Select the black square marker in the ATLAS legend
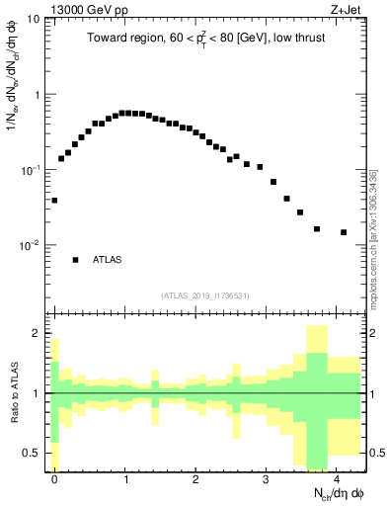[x=75, y=260]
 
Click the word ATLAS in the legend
[x=108, y=260]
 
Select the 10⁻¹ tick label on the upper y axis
[x=31, y=169]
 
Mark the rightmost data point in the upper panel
[x=344, y=232]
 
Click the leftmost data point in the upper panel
[x=54, y=200]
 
